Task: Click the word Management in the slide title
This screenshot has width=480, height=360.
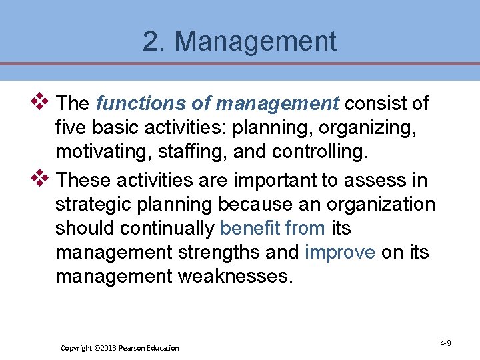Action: pos(255,41)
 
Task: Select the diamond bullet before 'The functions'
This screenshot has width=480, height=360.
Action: pos(41,101)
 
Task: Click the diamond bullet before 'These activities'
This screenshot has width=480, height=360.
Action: pos(41,178)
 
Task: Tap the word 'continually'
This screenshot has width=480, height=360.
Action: pos(167,229)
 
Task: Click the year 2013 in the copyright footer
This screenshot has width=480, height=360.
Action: pos(107,348)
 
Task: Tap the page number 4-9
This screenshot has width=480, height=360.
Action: pos(445,343)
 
